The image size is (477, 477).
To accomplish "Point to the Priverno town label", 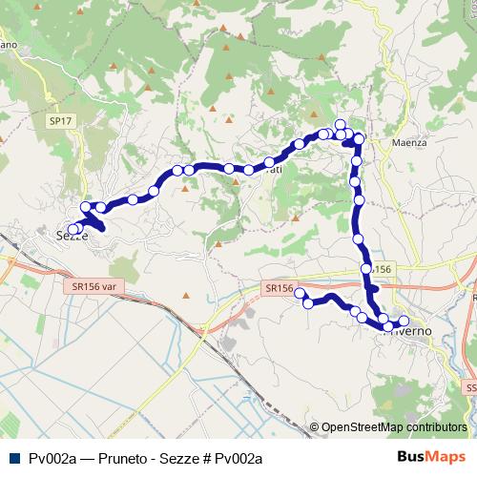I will coord(410,331).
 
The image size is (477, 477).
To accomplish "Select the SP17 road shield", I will coord(60,122).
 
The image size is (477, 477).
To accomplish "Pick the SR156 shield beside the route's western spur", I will coord(278,287).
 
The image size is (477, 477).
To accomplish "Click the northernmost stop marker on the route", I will coord(340,124).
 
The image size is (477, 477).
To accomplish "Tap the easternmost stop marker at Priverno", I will coord(404,321).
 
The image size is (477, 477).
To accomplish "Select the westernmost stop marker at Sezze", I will coord(73,229).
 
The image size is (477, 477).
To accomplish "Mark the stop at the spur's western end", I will coord(299,293).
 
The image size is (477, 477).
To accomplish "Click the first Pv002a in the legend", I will coord(52,458).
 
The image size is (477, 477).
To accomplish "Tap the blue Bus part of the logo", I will coord(412,456).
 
